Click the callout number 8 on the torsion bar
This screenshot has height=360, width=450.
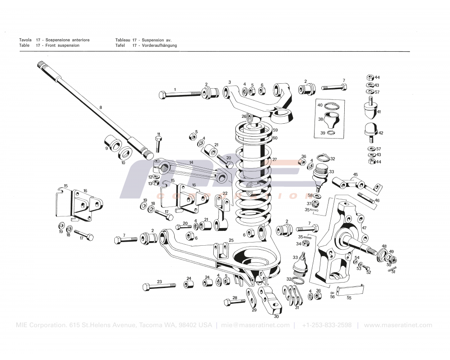[x=100, y=108]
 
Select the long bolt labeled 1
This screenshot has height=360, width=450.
[x=180, y=94]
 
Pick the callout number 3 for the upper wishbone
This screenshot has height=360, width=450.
[x=229, y=82]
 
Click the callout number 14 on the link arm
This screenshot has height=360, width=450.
[x=191, y=162]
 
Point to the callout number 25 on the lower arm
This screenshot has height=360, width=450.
[x=231, y=240]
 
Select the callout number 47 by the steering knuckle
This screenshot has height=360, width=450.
[x=364, y=228]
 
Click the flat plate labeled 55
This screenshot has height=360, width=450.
[x=350, y=290]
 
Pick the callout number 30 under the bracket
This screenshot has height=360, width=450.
[x=276, y=316]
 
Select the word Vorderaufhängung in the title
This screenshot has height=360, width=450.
[x=158, y=45]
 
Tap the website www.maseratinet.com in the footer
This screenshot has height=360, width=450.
[x=398, y=325]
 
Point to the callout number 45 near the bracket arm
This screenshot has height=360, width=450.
[x=355, y=175]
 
